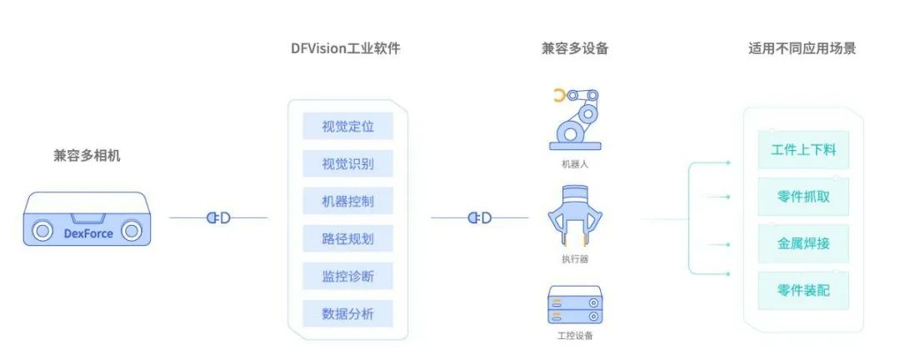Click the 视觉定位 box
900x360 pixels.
pos(347,126)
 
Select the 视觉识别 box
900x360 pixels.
pos(347,163)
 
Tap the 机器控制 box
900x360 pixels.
pos(347,201)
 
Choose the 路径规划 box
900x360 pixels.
pos(347,239)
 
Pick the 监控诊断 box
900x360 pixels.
pos(347,276)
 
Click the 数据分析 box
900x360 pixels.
pos(347,313)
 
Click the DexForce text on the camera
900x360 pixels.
pos(88,233)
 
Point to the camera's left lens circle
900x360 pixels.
pos(42,231)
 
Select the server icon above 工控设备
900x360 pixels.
pos(575,305)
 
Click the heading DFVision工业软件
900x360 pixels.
pos(346,49)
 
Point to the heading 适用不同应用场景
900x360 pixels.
pos(802,49)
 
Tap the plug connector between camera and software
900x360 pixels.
pos(218,217)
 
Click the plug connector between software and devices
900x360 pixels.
pos(480,217)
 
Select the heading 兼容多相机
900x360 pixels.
pos(87,156)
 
